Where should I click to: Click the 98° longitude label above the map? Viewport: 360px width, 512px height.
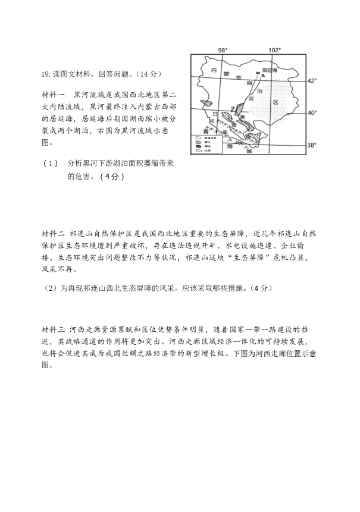pos(223,51)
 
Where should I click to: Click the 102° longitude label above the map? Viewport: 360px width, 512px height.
pos(274,51)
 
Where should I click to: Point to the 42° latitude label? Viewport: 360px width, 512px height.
pos(312,80)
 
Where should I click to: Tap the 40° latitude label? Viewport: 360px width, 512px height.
pos(312,112)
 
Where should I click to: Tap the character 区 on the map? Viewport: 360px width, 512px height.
pos(276,102)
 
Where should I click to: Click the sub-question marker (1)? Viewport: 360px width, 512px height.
pos(51,164)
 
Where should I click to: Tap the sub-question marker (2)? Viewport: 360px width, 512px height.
pos(51,288)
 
